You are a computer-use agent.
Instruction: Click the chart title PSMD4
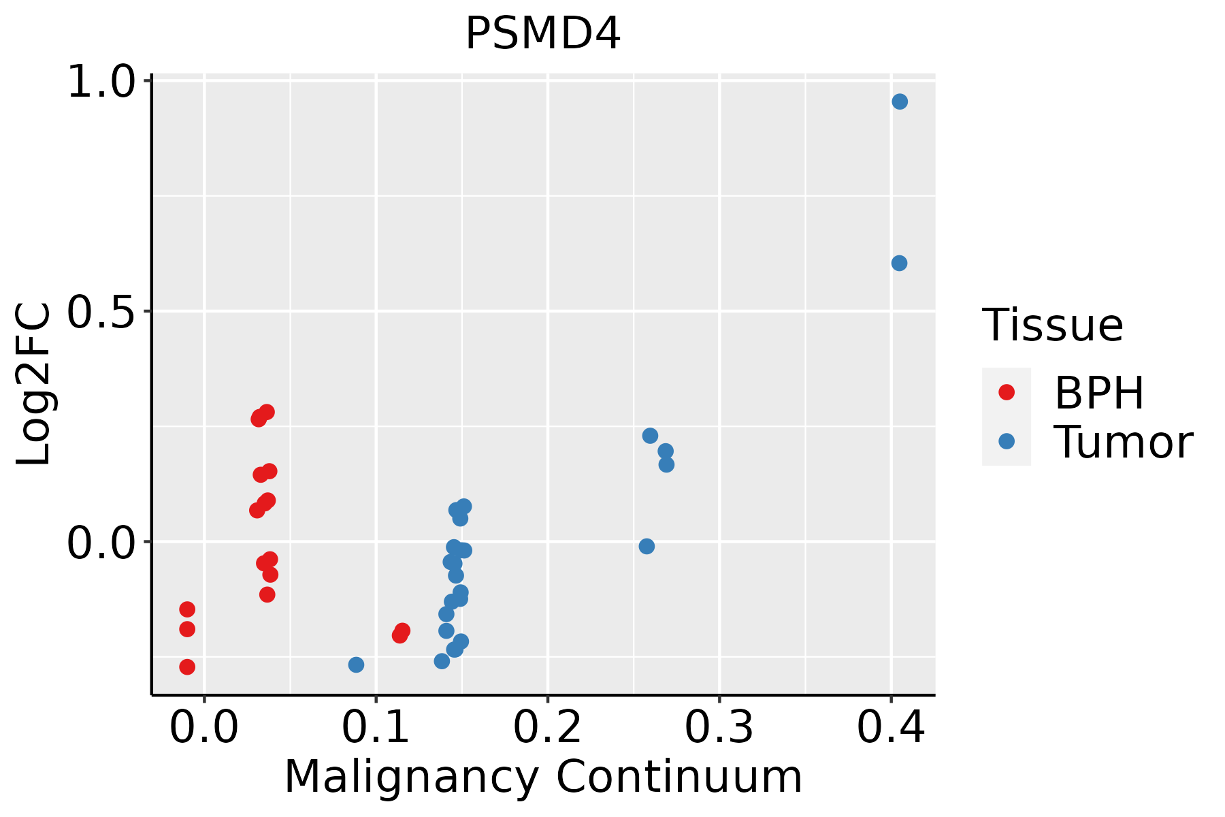coord(542,34)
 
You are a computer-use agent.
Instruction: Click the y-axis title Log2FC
coord(34,384)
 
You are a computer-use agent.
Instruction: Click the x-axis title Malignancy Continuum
coord(542,777)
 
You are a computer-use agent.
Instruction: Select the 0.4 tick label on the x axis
coord(890,727)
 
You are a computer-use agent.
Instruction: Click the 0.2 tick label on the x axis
coord(547,727)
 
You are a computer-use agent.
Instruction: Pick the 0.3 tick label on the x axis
coord(719,727)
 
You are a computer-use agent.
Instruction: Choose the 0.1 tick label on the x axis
coord(376,727)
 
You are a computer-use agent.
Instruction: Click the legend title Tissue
coord(1052,325)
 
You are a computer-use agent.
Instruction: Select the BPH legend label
coord(1098,393)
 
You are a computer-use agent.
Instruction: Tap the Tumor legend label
coord(1123,443)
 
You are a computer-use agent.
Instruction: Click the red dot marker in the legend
coord(1006,392)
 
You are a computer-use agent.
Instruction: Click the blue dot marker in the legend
coord(1006,441)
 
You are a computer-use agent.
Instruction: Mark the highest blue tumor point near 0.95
coord(900,101)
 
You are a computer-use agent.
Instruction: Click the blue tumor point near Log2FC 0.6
coord(899,263)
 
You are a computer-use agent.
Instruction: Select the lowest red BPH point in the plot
coord(187,667)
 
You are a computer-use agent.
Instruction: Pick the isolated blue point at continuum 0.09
coord(356,664)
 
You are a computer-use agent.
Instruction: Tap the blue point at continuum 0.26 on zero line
coord(647,546)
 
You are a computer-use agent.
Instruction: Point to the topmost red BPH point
coord(266,412)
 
